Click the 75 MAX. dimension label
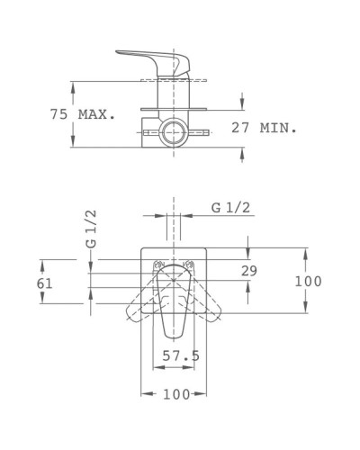pyautogui.click(x=81, y=114)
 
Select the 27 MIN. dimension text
pyautogui.click(x=265, y=129)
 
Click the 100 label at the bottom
pyautogui.click(x=177, y=394)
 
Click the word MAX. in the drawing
pyautogui.click(x=98, y=114)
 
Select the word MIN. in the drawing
pyautogui.click(x=279, y=129)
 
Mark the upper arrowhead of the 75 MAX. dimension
pyautogui.click(x=73, y=85)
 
